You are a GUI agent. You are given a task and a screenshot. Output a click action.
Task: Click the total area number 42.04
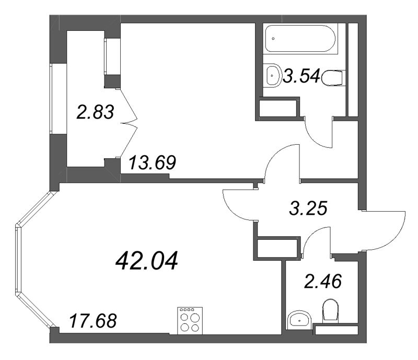(x=147, y=261)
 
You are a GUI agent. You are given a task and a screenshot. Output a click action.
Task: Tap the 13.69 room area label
(x=152, y=162)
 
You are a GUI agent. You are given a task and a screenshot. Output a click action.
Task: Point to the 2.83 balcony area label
(x=95, y=112)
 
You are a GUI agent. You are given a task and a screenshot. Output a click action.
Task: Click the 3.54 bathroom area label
(x=301, y=76)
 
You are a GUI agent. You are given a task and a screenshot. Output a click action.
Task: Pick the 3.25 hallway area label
(x=308, y=208)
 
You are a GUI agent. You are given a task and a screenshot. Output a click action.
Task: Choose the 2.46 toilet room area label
(x=323, y=281)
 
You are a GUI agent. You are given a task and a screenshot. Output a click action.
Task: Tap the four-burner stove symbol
(x=189, y=320)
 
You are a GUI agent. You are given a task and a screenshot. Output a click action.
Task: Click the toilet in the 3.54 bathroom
(x=333, y=78)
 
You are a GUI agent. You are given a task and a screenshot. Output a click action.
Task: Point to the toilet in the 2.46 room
(x=330, y=311)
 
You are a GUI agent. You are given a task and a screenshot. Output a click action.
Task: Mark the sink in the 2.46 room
(x=299, y=318)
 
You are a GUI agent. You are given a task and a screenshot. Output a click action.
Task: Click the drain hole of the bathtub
(x=273, y=39)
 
